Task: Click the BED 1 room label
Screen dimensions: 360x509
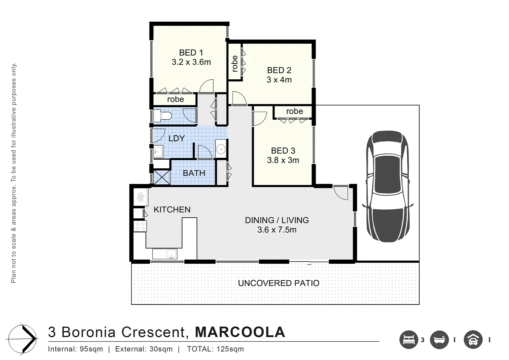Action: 191,53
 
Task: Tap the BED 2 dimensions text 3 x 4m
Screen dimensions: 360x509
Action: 279,80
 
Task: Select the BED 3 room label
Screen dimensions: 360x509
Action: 283,151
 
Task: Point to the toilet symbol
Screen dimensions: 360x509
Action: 163,116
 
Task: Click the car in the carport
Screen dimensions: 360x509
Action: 388,186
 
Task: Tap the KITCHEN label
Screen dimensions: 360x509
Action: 172,210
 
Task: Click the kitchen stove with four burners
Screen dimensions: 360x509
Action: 140,226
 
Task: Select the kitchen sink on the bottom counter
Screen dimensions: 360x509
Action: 165,254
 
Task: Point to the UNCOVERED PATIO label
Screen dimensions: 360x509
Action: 278,283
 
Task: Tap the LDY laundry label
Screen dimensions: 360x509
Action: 177,138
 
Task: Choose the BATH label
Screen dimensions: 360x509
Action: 194,173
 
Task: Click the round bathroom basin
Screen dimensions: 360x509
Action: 221,149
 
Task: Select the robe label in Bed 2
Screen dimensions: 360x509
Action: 235,64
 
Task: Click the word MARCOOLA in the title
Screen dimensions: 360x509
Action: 240,332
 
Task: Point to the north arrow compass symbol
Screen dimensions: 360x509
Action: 23,339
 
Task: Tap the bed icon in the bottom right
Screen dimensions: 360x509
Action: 408,340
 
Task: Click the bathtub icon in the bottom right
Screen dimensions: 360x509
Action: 439,340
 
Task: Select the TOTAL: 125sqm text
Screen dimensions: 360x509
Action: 215,349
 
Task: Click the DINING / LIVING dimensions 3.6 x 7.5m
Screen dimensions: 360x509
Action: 276,230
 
